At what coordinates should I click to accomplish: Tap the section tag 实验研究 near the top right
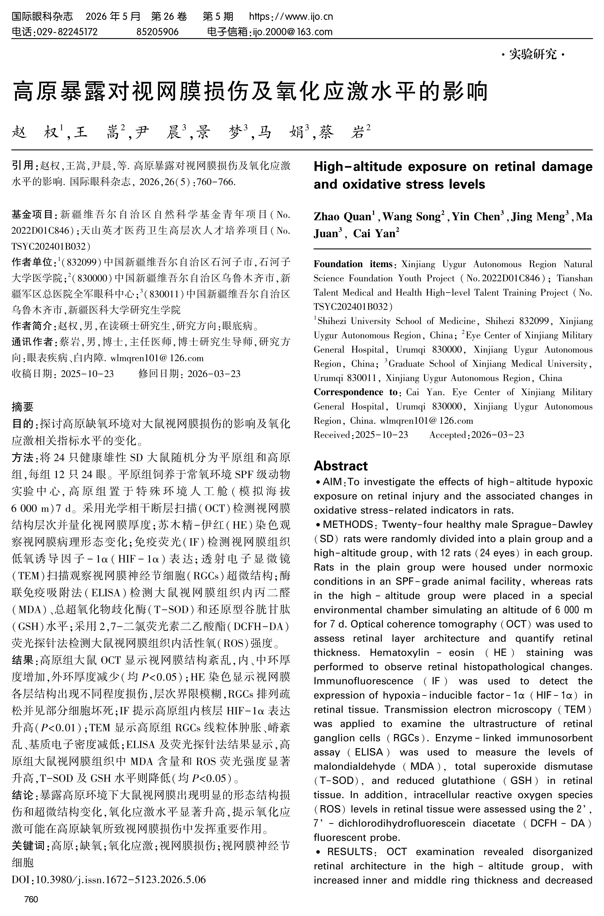pyautogui.click(x=533, y=55)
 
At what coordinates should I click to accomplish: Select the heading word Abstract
pyautogui.click(x=341, y=466)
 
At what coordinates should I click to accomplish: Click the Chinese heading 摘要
pyautogui.click(x=23, y=407)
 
